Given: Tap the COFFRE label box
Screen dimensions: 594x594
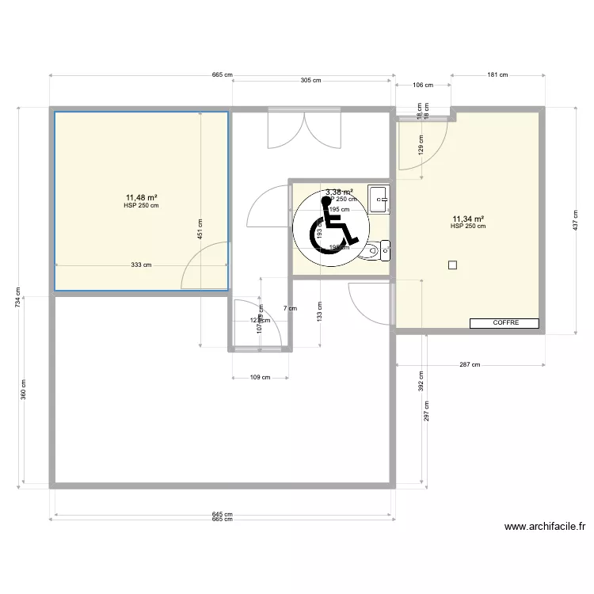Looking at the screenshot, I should [x=505, y=323].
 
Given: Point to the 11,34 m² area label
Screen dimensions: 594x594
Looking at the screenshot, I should [x=468, y=219].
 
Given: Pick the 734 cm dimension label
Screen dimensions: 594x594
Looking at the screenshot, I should [x=18, y=299].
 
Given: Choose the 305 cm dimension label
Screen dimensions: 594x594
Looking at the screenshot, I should [x=311, y=80].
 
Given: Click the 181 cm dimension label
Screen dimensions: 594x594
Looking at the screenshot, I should [x=497, y=75].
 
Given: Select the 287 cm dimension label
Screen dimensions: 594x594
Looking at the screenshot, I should [x=470, y=365].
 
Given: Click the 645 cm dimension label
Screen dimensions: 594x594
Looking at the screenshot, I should [x=223, y=513].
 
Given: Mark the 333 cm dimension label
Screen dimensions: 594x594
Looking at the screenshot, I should [x=142, y=265].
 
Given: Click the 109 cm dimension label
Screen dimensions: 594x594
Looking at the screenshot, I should [x=260, y=377].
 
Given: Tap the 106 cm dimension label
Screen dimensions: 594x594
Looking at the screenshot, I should [x=424, y=85].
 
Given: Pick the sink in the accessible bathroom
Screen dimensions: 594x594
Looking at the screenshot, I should [x=379, y=198].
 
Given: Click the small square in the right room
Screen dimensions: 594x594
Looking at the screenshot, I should [x=452, y=265].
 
